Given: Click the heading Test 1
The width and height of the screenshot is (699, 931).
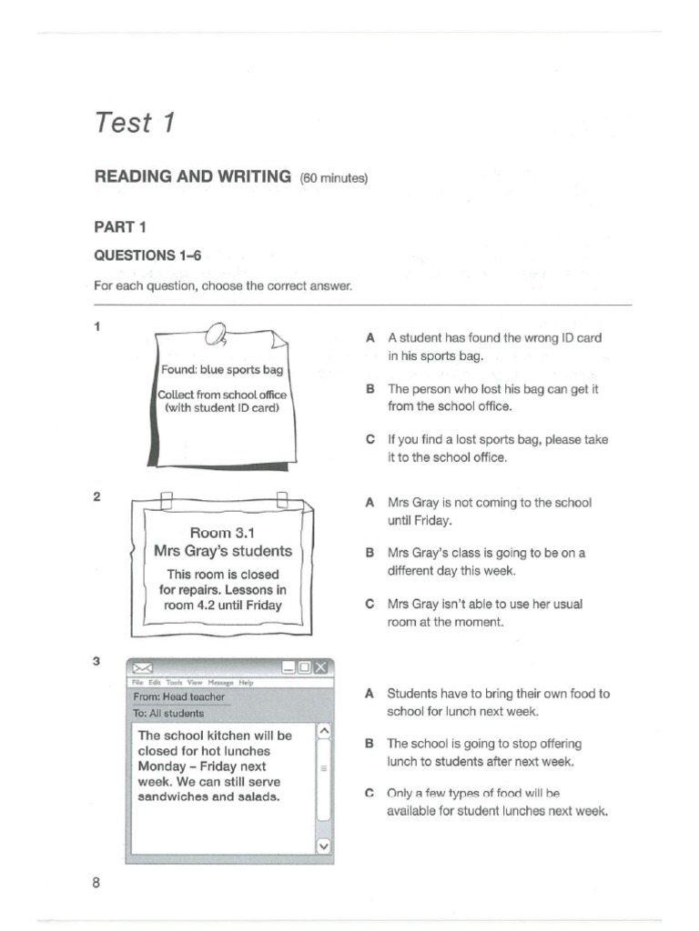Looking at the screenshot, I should click(135, 123).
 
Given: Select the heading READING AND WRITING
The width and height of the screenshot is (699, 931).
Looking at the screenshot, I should click(193, 176).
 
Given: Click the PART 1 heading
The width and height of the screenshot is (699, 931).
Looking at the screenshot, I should click(120, 227).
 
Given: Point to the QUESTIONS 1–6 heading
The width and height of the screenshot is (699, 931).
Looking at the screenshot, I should click(148, 256).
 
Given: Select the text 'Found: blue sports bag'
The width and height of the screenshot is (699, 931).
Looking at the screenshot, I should click(222, 370).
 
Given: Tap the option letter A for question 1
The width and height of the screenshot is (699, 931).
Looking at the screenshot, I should click(370, 337).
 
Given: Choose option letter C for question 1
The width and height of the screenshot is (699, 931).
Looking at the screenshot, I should click(370, 439).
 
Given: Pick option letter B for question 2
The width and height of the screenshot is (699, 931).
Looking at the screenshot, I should click(370, 553).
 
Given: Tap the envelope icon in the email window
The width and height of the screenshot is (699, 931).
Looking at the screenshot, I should click(143, 668).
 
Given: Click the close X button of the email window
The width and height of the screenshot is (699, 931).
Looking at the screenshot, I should click(322, 668).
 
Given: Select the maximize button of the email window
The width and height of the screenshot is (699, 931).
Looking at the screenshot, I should click(305, 668).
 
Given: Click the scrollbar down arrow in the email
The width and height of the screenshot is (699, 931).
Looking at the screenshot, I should click(323, 845).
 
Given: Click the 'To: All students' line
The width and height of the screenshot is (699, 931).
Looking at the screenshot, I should click(169, 714).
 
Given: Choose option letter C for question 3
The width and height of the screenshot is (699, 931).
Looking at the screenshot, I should click(370, 793).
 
